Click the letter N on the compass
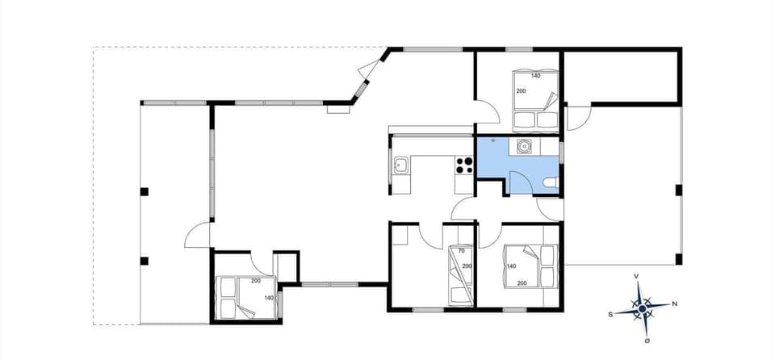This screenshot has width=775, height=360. tap(674, 304)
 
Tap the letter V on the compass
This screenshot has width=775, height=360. tap(637, 276)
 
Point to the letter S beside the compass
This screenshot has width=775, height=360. tap(611, 313)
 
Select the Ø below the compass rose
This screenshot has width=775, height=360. tap(647, 341)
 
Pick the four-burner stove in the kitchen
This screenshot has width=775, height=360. tap(464, 165)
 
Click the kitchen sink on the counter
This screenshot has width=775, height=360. tap(400, 166)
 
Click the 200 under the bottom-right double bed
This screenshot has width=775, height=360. tap(522, 283)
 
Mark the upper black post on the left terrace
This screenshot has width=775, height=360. tap(145, 191)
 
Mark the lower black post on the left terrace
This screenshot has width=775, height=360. tap(145, 261)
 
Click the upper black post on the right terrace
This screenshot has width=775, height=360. tap(679, 190)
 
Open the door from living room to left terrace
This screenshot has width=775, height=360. tap(199, 237)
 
